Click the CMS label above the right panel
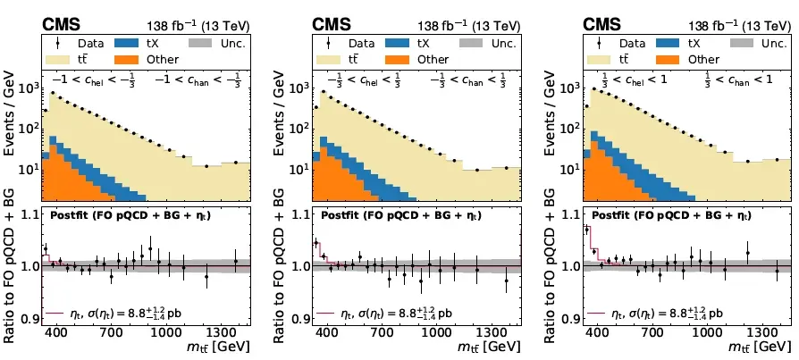pos(603,24)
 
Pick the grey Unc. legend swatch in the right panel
pos(744,42)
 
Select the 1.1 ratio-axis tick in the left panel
pos(29,214)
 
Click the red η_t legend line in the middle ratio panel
pos(325,314)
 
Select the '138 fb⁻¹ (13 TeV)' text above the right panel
pos(738,24)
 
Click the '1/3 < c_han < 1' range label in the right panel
pos(735,78)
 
